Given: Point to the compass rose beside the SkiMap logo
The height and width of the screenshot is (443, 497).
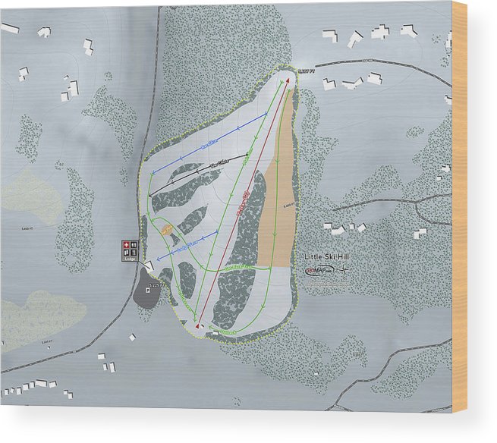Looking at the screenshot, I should pos(345,272).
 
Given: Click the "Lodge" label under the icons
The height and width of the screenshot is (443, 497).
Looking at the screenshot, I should pos(129,259).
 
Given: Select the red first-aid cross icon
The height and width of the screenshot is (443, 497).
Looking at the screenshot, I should pos(126,245).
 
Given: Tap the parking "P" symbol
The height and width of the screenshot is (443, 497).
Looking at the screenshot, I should pos(126,253).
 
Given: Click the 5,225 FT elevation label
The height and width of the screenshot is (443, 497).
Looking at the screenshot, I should pos(155,284).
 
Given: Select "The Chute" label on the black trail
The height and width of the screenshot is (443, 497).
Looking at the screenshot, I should pos(219,163).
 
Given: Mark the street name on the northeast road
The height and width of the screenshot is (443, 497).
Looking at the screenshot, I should pos(370,61).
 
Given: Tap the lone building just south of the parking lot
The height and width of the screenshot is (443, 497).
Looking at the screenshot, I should pos(132,337).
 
